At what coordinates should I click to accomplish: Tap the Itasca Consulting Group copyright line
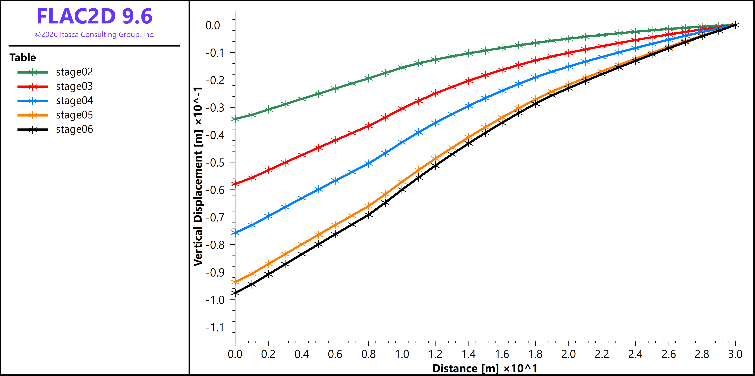click(x=94, y=35)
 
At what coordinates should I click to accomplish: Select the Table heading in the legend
click(x=23, y=57)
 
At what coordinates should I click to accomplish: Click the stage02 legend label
click(x=74, y=72)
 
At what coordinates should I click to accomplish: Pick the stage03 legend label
click(x=74, y=86)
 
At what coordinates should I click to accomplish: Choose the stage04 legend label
click(x=74, y=101)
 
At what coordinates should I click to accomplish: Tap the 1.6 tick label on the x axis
click(x=502, y=354)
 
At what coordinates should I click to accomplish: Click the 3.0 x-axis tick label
click(x=735, y=354)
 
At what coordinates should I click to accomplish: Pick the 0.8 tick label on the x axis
click(x=368, y=354)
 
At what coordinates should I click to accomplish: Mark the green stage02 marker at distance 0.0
click(x=235, y=119)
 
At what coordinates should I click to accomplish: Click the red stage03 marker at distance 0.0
click(x=235, y=184)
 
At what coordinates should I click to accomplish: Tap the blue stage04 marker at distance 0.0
click(x=235, y=233)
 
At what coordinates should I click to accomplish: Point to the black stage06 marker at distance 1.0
click(x=402, y=190)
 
